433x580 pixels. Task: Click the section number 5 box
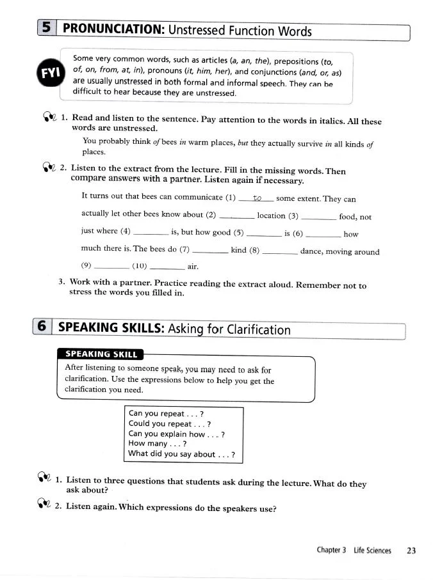click(46, 29)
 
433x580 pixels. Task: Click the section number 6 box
click(42, 327)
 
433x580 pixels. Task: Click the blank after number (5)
click(264, 234)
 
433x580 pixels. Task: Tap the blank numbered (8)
click(279, 251)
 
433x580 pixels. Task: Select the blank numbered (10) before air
click(167, 266)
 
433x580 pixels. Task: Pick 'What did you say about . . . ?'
click(181, 453)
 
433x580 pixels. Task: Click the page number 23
click(411, 550)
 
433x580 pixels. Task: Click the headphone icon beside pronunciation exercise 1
click(50, 117)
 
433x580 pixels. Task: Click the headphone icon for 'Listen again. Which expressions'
click(42, 507)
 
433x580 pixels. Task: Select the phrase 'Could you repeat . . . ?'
click(170, 423)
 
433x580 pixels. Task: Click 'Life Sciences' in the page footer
click(372, 550)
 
